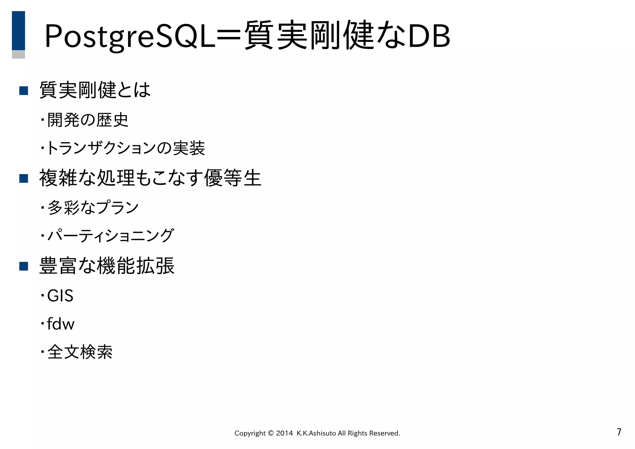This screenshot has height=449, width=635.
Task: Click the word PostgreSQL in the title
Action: [130, 37]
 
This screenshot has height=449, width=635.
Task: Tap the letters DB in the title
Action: [429, 37]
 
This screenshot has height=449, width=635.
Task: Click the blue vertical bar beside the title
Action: [18, 31]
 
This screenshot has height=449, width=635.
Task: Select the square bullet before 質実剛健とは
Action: [24, 91]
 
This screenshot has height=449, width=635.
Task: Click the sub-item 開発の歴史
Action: [88, 120]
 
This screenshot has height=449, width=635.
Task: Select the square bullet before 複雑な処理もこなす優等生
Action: [24, 178]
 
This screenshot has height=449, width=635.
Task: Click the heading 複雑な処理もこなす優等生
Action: [150, 178]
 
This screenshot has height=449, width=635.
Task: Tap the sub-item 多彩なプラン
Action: [93, 207]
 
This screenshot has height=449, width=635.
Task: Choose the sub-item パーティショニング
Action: [110, 236]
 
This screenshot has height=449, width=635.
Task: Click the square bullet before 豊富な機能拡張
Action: [24, 266]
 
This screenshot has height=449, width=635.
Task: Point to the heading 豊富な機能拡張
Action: [107, 266]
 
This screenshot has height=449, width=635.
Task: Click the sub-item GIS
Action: [60, 295]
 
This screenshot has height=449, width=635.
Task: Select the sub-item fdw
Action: [61, 324]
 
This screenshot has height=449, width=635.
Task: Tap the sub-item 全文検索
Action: [80, 352]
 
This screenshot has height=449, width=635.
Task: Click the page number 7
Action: [619, 432]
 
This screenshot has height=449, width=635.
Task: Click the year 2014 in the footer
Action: [284, 433]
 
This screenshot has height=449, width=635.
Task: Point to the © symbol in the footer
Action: [270, 433]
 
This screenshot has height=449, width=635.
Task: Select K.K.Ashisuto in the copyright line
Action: [316, 433]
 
